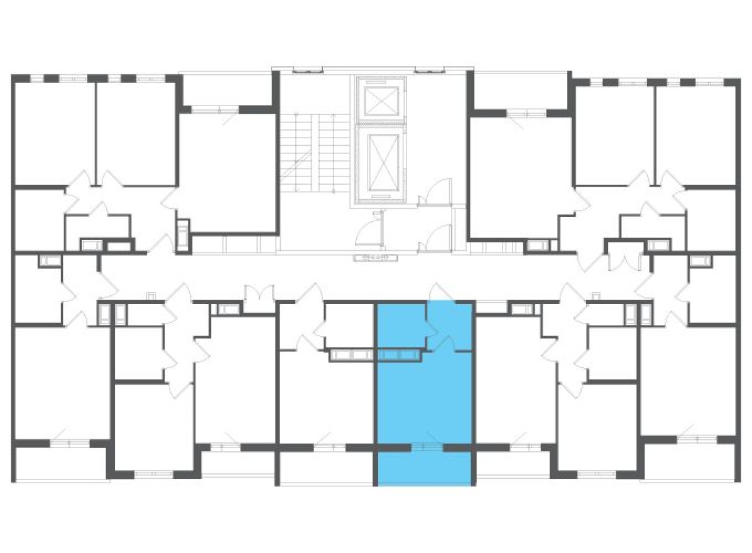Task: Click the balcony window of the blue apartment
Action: (427, 447)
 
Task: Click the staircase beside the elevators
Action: (314, 151)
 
